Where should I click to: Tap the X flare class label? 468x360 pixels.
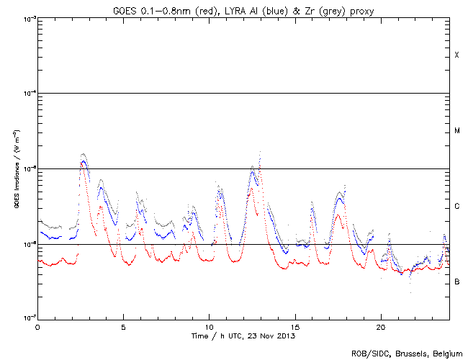tap(456, 55)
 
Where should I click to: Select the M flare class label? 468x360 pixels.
tap(456, 131)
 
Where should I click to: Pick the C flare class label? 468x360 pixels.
tap(456, 207)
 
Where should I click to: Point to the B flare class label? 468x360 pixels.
tap(456, 282)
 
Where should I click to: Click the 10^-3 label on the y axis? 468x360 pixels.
tap(27, 19)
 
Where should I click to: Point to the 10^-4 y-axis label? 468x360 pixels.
tap(27, 94)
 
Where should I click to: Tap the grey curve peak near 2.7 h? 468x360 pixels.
tap(84, 154)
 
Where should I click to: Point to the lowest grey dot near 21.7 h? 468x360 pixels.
tap(410, 292)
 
